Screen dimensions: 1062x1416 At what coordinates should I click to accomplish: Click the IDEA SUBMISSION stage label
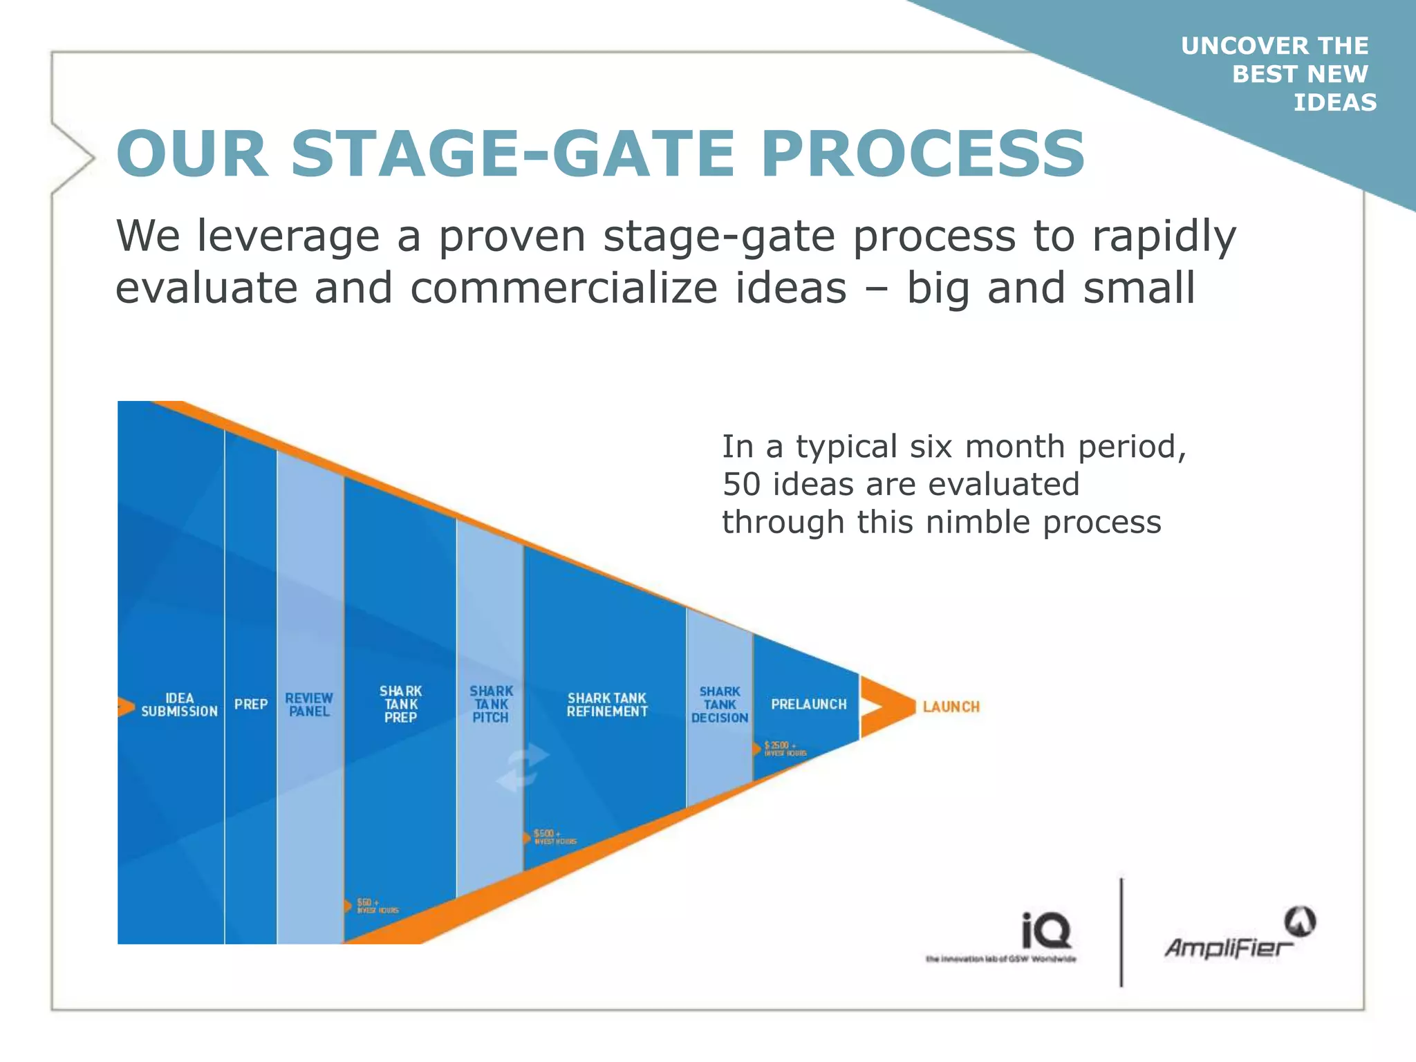coord(179,705)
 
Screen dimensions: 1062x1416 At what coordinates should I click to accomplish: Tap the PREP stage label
coord(250,705)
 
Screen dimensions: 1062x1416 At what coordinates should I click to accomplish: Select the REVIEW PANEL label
coord(309,705)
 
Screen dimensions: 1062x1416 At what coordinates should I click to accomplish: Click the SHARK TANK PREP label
coord(400,704)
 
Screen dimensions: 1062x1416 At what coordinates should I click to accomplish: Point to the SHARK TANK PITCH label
coord(491,704)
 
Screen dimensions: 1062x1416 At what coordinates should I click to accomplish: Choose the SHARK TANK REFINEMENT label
coord(607,705)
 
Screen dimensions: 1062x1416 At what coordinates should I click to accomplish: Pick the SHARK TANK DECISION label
coord(720,705)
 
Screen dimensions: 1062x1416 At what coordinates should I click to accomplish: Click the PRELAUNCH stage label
coord(808,705)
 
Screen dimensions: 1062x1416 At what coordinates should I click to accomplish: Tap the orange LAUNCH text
coord(951,707)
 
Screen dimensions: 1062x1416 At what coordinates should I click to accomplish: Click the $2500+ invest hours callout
coord(784,749)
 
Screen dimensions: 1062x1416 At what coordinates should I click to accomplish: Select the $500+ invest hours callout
coord(553,837)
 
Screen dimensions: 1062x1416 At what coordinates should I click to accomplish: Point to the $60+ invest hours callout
coord(375,906)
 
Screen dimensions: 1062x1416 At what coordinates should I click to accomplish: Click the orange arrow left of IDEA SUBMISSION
coord(125,707)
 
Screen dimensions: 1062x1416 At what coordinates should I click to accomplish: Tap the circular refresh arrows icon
coord(523,768)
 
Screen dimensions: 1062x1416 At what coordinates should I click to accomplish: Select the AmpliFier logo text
coord(1228,947)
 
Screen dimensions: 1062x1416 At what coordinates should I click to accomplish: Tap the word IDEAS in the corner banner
coord(1334,102)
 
